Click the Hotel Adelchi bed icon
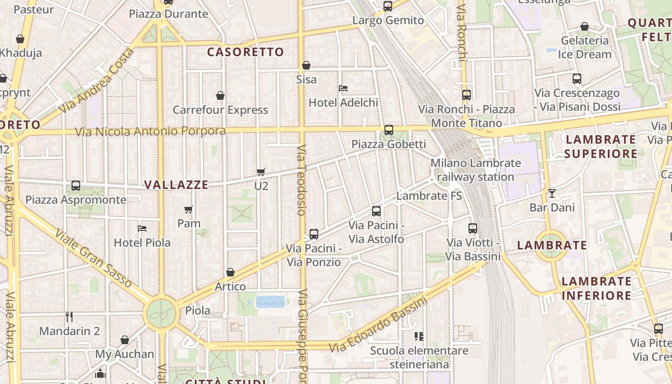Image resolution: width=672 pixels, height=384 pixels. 343,88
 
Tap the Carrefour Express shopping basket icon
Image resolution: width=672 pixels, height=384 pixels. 220,96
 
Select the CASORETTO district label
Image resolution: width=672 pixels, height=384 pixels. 245,52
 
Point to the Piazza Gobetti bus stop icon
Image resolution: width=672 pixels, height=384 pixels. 389,130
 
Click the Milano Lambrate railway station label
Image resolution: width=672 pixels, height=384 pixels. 475,170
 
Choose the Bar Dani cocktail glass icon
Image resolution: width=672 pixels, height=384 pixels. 552,193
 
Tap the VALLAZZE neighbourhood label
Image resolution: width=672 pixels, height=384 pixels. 176,185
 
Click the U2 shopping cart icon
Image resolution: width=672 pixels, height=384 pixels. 261,172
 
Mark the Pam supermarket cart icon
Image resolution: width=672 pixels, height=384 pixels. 189,209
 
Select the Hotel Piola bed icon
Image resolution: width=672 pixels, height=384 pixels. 142,228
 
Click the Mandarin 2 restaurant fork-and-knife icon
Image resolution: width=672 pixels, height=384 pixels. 69,316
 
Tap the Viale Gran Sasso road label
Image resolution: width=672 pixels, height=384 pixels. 93,258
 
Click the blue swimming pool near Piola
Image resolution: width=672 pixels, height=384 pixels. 270,301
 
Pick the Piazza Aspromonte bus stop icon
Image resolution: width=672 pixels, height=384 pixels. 76,186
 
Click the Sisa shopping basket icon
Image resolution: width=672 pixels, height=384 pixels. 306,65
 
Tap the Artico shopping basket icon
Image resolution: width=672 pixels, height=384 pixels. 230,272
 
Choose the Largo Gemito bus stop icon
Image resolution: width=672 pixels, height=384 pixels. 388,6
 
